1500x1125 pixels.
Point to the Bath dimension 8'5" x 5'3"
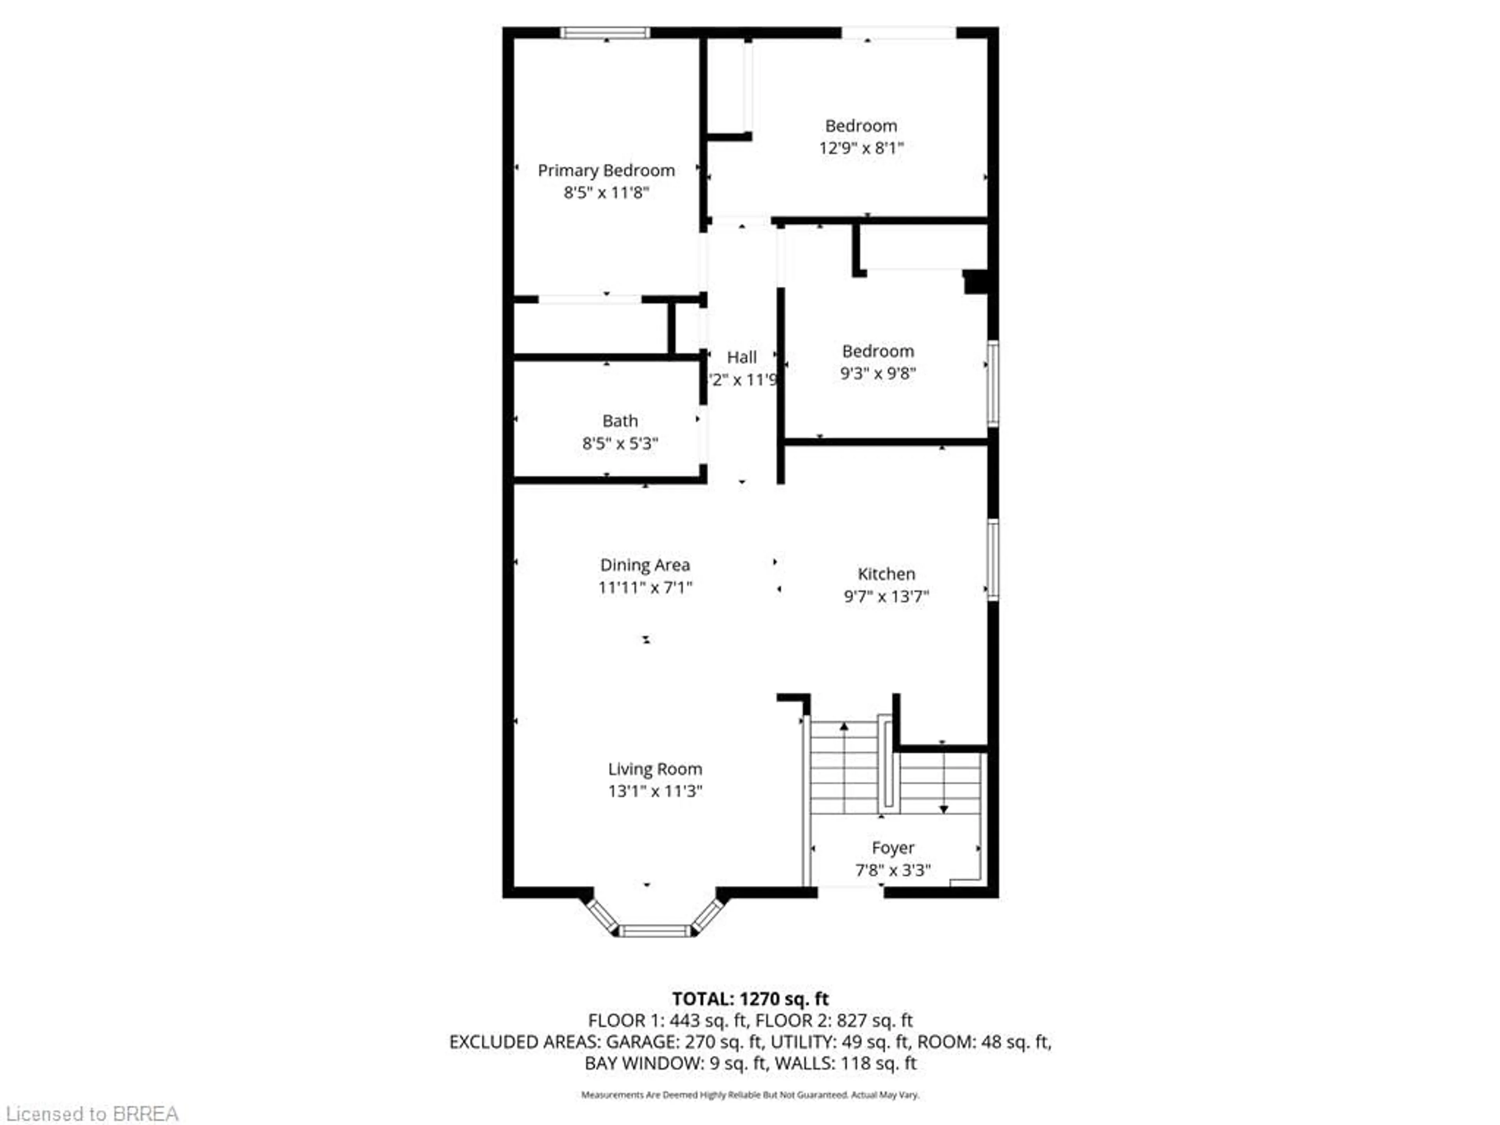click(x=620, y=443)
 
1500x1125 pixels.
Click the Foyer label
click(x=893, y=848)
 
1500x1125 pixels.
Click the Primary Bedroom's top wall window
click(x=605, y=32)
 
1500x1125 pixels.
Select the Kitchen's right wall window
click(x=992, y=560)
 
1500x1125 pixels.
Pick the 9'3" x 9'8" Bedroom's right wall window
click(x=992, y=384)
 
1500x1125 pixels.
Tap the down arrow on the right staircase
click(x=943, y=809)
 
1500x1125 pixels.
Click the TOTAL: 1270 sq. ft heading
click(x=750, y=999)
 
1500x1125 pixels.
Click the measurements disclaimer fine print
click(x=750, y=1095)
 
